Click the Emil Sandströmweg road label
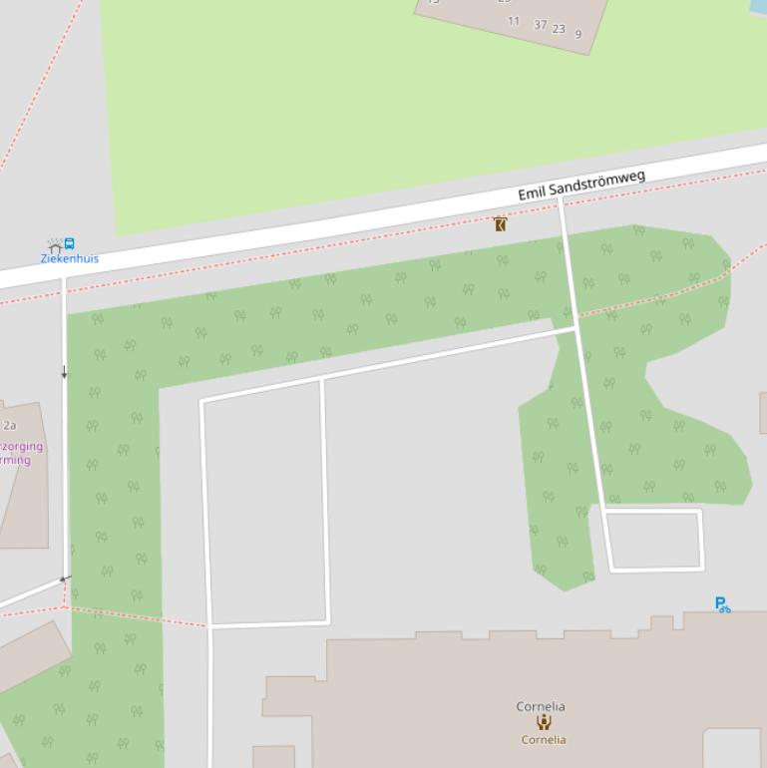tap(580, 186)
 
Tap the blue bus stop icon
tap(69, 243)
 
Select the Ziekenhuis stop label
tap(69, 258)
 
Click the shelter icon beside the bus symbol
tap(54, 244)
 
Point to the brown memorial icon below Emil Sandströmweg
tap(500, 224)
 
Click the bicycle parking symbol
tap(722, 604)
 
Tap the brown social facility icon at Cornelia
tap(544, 722)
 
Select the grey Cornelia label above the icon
tap(541, 706)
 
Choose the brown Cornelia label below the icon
tap(544, 739)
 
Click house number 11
tap(514, 21)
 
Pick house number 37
tap(540, 25)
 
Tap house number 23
tap(559, 29)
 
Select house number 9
tap(578, 34)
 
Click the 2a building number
tap(9, 425)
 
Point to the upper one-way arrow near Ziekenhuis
tap(65, 373)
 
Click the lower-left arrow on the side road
tap(65, 578)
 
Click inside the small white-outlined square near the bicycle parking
tap(653, 540)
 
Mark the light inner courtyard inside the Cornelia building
tap(734, 748)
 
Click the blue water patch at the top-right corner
tap(759, 7)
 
